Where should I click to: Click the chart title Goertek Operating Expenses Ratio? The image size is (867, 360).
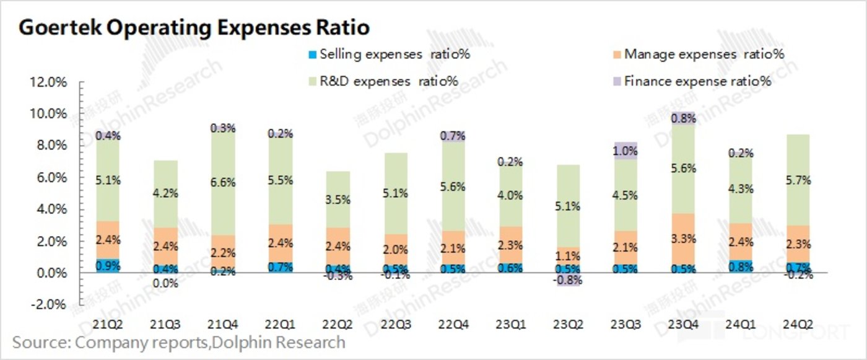coord(194,27)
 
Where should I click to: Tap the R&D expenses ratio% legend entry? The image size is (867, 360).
coord(388,81)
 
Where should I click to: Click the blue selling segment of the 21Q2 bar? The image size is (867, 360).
coord(107,266)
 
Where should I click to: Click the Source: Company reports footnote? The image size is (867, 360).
coord(178,342)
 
